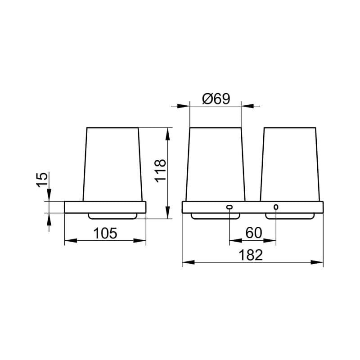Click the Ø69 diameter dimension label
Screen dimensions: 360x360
216,99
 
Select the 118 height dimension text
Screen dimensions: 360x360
160,171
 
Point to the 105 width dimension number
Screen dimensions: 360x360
105,233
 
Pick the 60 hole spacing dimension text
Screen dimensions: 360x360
254,233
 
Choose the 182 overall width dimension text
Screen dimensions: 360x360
251,255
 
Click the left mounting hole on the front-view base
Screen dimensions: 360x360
229,207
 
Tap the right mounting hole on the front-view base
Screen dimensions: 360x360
276,207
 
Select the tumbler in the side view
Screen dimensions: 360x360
112,164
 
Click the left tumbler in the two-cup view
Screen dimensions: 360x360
216,164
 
